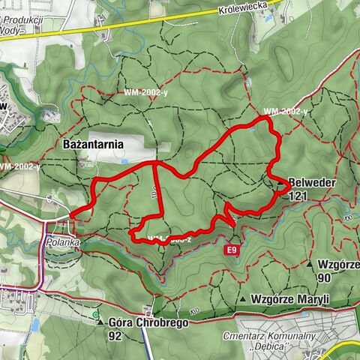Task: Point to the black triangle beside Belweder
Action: [281, 182]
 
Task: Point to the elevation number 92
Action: [115, 336]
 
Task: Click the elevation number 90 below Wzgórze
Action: [324, 277]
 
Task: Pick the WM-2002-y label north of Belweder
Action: [286, 112]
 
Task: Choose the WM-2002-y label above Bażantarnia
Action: [145, 93]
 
